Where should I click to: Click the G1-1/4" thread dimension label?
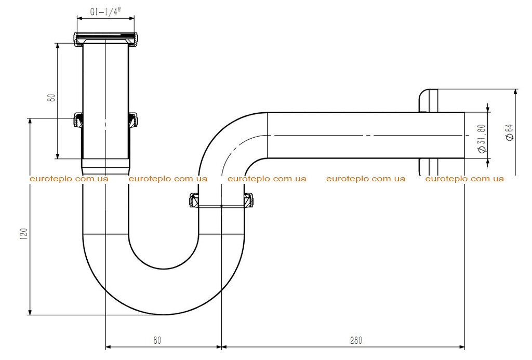coord(105,12)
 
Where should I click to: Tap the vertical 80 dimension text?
coord(51,98)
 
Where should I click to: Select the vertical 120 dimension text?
coord(24,234)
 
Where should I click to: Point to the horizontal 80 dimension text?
coord(157,340)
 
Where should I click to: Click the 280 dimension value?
coord(356,340)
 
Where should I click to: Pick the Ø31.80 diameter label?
coord(482,138)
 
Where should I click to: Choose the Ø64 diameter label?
coord(509,132)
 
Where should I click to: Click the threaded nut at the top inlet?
coord(106,38)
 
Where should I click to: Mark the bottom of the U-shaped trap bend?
coord(164,314)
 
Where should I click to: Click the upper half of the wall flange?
coord(429,101)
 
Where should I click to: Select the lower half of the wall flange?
coord(429,167)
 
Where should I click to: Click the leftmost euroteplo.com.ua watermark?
coord(69,179)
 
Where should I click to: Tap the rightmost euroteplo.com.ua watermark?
coord(464,179)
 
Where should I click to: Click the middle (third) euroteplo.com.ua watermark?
coord(267,179)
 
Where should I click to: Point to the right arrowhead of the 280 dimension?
coord(461,347)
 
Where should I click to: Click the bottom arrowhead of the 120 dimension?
coord(30,312)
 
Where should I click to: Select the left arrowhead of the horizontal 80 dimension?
coord(109,347)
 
